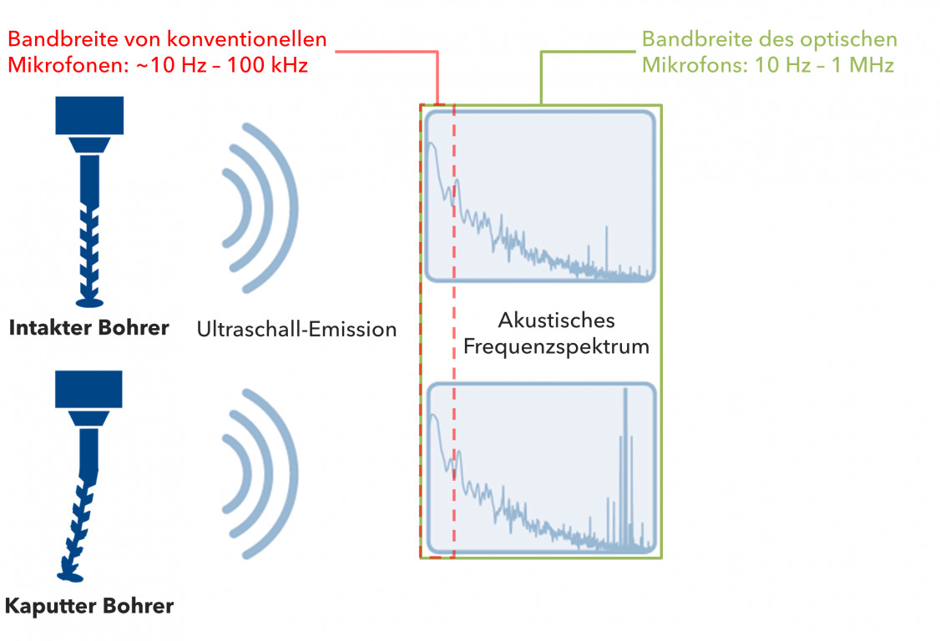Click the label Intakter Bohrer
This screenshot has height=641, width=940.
tap(88, 327)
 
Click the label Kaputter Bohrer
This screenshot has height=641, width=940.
tap(88, 605)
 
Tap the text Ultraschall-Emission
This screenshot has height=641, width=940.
tap(296, 329)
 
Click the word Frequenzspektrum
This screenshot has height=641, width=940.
tap(557, 346)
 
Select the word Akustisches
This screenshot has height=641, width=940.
tap(556, 320)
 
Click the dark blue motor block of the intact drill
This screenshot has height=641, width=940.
tap(89, 115)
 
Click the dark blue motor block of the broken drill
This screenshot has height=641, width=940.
tap(88, 389)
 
